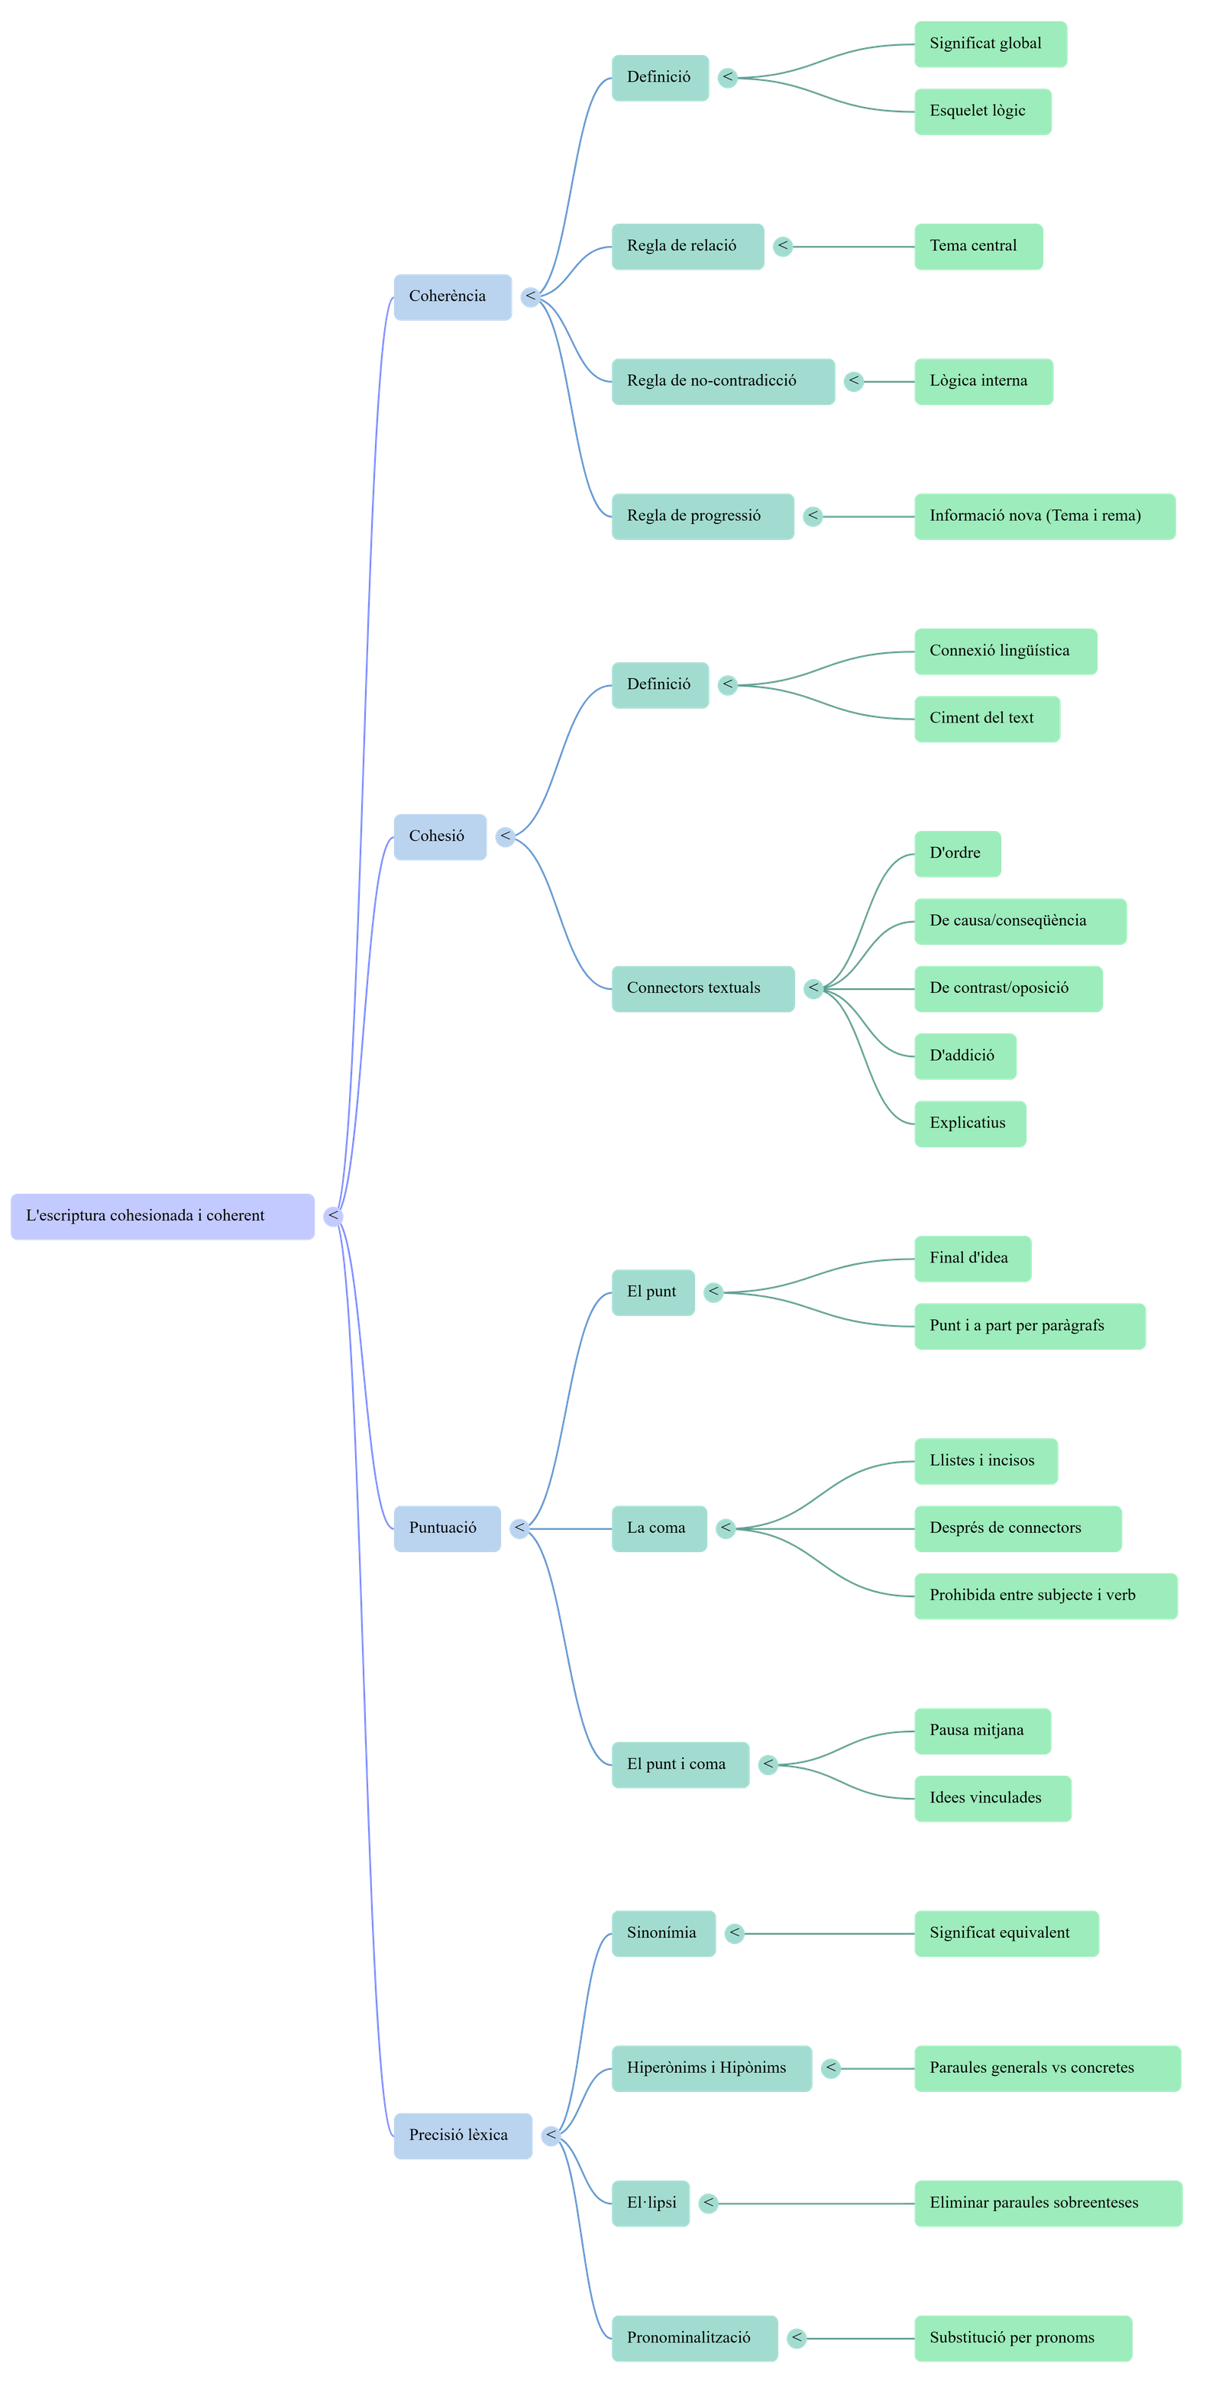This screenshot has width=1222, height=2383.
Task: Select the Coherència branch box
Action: pyautogui.click(x=452, y=297)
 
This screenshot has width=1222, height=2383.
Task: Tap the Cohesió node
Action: pyautogui.click(x=439, y=837)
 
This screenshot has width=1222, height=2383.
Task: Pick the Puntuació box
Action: pyautogui.click(x=447, y=1528)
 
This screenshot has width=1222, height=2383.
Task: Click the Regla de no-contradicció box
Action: pyautogui.click(x=723, y=381)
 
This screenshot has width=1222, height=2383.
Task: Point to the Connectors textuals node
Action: pyautogui.click(x=702, y=989)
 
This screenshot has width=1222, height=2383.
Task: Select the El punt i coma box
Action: pyautogui.click(x=680, y=1765)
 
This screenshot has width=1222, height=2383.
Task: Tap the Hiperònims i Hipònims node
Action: pyautogui.click(x=710, y=2068)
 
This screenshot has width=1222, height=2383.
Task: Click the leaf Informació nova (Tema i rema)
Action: pyautogui.click(x=1043, y=516)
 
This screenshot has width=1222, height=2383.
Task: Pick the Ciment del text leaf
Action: pyautogui.click(x=986, y=719)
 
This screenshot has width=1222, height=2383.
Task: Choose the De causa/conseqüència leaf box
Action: pyautogui.click(x=1020, y=921)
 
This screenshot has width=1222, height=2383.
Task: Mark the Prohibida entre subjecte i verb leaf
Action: pyautogui.click(x=1046, y=1596)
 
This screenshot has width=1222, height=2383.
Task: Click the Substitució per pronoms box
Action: pyautogui.click(x=1022, y=2339)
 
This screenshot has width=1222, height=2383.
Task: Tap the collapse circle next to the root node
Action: pyautogui.click(x=333, y=1217)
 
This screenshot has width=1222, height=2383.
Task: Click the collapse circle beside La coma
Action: pyautogui.click(x=726, y=1528)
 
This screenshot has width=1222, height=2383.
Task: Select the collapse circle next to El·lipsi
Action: pyautogui.click(x=709, y=2204)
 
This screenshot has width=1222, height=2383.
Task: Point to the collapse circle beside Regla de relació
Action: pyautogui.click(x=783, y=246)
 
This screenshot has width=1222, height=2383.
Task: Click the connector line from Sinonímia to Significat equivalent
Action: pyautogui.click(x=828, y=1933)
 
